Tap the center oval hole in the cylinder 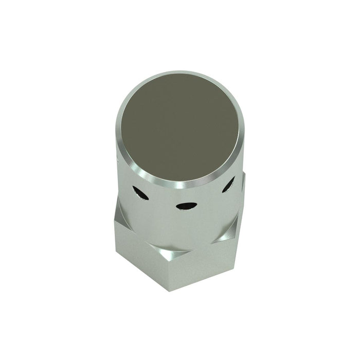coord(186,206)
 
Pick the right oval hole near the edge coord(228,184)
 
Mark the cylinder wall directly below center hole coord(185,226)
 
